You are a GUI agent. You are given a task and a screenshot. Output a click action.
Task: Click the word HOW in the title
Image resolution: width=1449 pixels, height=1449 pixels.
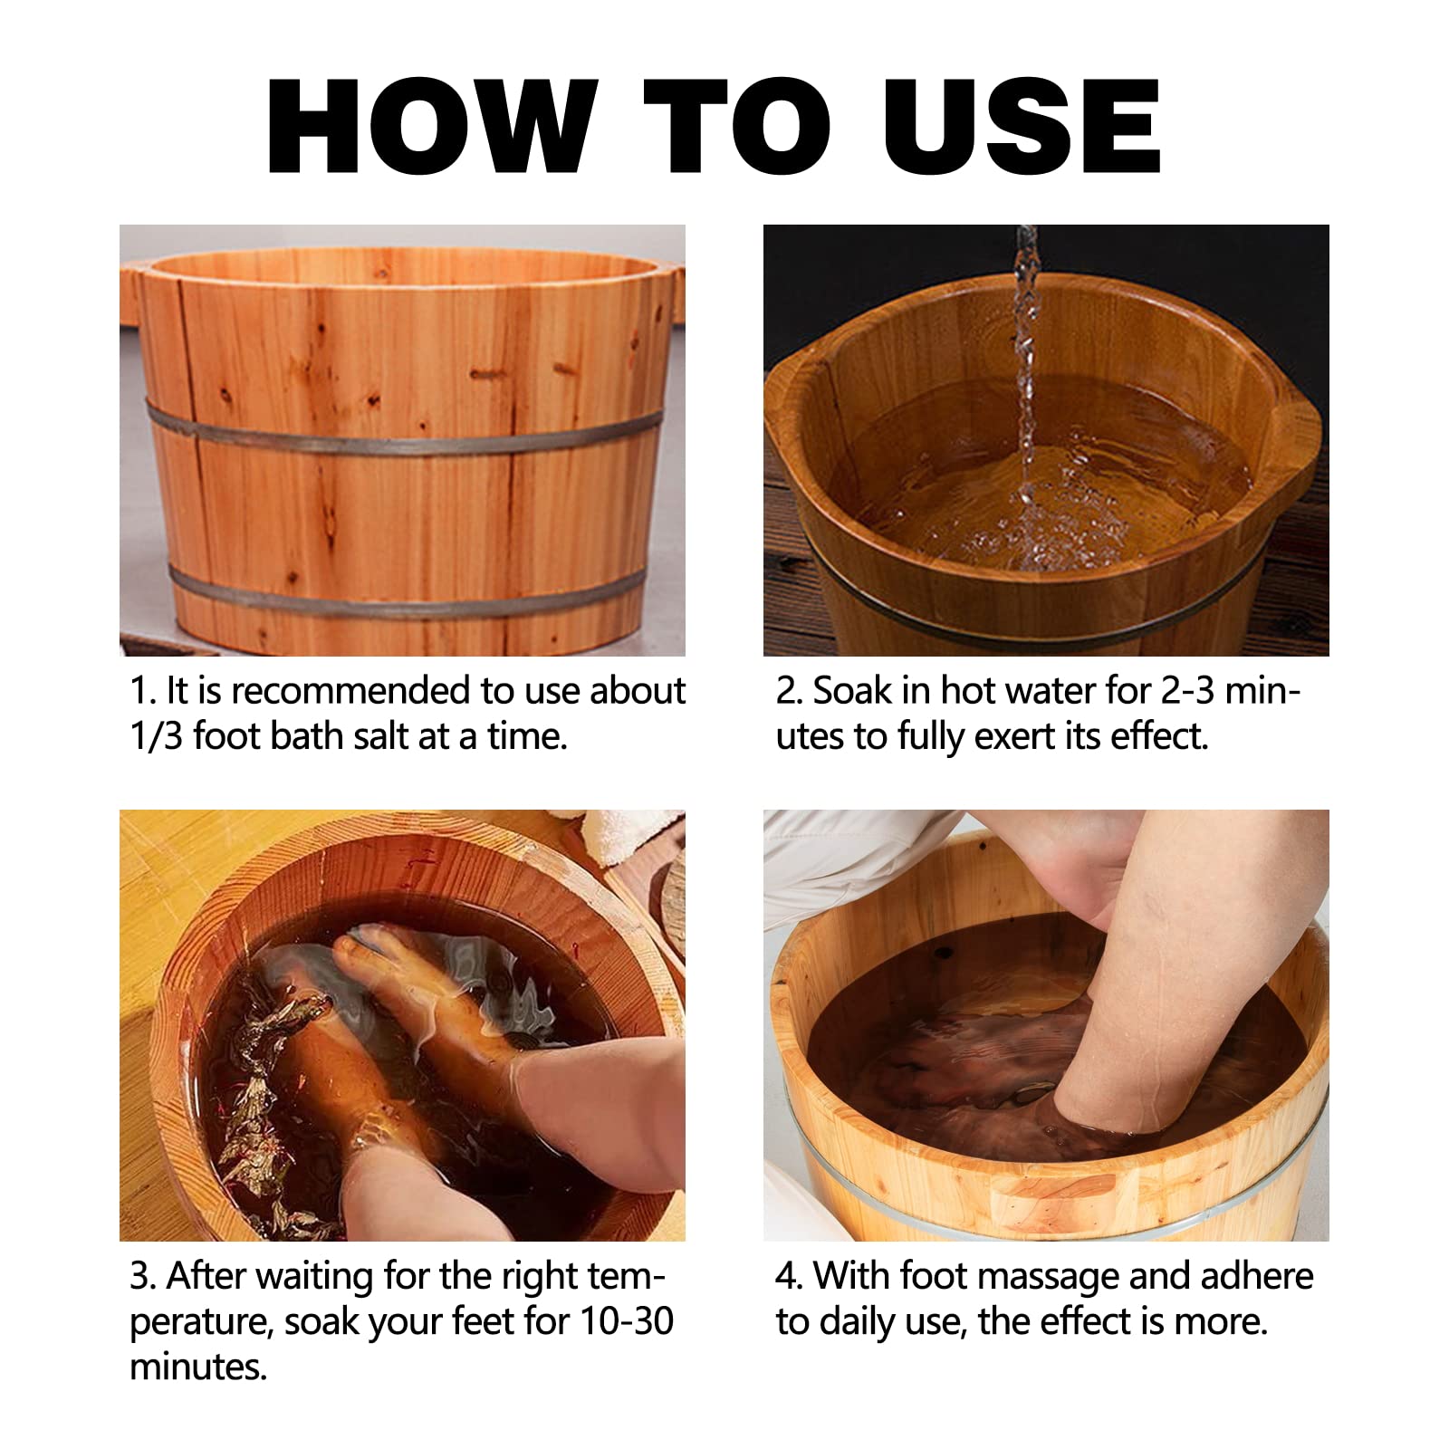pyautogui.click(x=432, y=126)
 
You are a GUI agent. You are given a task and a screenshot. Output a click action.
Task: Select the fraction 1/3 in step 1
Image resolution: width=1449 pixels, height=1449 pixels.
pyautogui.click(x=157, y=736)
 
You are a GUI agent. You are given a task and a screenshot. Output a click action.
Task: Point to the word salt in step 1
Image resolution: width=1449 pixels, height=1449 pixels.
pyautogui.click(x=378, y=736)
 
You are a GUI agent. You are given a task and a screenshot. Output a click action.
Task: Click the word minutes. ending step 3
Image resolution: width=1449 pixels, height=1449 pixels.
pyautogui.click(x=198, y=1367)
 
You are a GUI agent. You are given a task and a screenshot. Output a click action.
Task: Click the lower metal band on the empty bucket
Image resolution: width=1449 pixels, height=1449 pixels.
pyautogui.click(x=404, y=590)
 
